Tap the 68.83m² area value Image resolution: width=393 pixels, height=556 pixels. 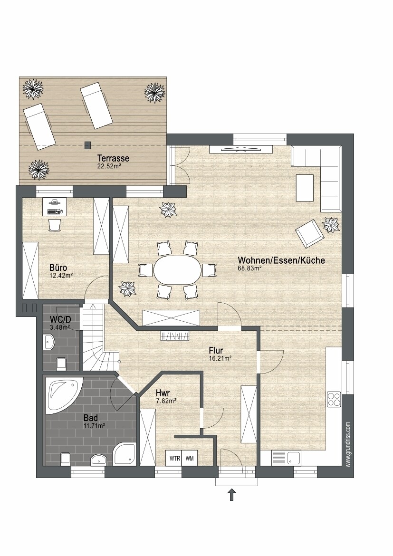(249, 268)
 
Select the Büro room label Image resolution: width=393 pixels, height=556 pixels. (58, 268)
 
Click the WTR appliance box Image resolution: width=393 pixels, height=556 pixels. (174, 458)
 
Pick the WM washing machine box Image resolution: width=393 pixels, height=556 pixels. (190, 458)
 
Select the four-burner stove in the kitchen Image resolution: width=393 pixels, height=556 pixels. (334, 399)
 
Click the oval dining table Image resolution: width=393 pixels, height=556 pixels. (176, 269)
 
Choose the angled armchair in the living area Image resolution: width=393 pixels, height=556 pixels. (310, 233)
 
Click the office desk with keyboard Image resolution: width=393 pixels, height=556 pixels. (54, 207)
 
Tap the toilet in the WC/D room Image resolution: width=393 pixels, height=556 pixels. (61, 363)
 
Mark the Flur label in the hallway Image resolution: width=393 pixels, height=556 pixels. (216, 351)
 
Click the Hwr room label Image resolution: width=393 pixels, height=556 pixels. (163, 393)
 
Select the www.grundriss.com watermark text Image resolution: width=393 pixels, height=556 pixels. (348, 444)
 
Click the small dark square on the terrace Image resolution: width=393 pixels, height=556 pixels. (87, 145)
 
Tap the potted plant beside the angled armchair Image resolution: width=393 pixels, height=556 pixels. (331, 225)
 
